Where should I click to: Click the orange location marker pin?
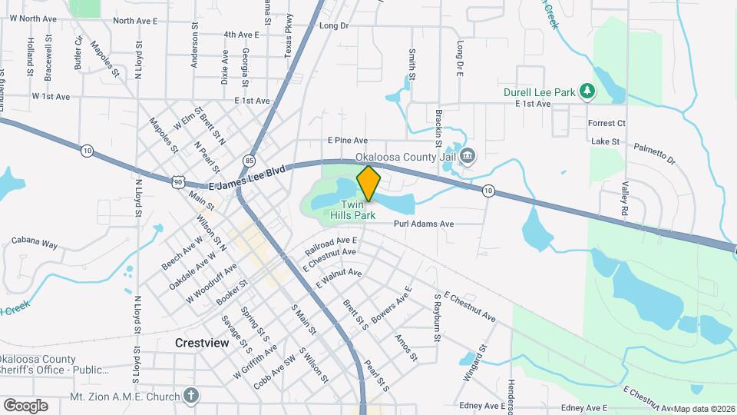368,183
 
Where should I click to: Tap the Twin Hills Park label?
352,211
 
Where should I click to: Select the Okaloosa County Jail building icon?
468,157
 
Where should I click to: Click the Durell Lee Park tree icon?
587,92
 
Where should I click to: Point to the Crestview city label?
202,344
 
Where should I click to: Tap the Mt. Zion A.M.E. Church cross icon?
191,397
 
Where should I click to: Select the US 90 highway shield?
178,181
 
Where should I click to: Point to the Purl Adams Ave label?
424,224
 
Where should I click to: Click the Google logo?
25,405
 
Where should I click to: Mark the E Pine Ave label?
348,141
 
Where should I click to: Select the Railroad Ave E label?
331,247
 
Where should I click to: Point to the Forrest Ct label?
606,123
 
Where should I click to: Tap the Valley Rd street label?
625,199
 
